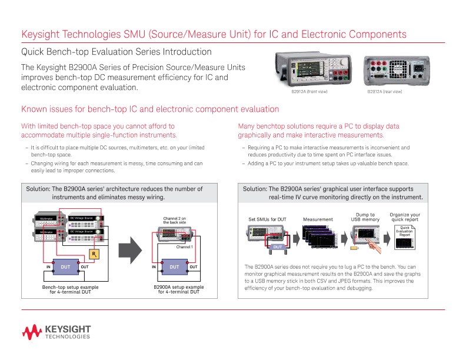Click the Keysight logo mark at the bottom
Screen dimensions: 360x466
pyautogui.click(x=32, y=332)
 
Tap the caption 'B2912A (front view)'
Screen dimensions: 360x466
pyautogui.click(x=309, y=92)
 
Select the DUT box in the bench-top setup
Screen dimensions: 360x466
pyautogui.click(x=65, y=266)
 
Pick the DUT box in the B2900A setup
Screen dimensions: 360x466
pyautogui.click(x=174, y=266)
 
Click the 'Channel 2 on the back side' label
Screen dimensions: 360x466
pyautogui.click(x=175, y=221)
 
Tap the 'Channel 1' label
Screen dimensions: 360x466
pyautogui.click(x=185, y=247)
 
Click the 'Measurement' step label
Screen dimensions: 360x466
pyautogui.click(x=318, y=219)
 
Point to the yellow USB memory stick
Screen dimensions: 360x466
pyautogui.click(x=355, y=248)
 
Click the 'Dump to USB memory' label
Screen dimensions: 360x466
pyautogui.click(x=365, y=217)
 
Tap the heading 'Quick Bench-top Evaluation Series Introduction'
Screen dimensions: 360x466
pyautogui.click(x=116, y=52)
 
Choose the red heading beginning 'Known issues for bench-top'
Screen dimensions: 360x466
pyautogui.click(x=150, y=109)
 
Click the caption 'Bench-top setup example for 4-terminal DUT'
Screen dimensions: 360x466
pyautogui.click(x=65, y=289)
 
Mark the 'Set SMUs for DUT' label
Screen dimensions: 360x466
pyautogui.click(x=268, y=219)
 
